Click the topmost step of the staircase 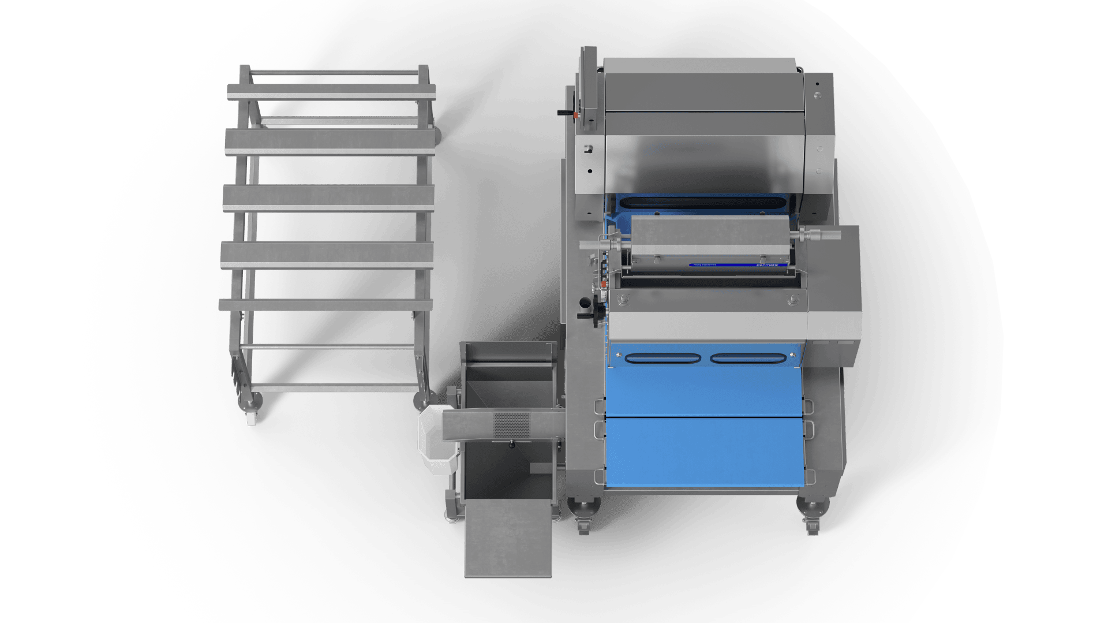(x=331, y=92)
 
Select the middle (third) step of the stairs (x=328, y=198)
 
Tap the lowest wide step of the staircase (x=325, y=305)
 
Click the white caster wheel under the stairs (x=251, y=419)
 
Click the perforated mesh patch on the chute (x=511, y=425)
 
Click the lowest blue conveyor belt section (x=703, y=454)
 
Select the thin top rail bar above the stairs (x=334, y=73)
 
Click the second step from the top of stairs (x=330, y=141)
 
